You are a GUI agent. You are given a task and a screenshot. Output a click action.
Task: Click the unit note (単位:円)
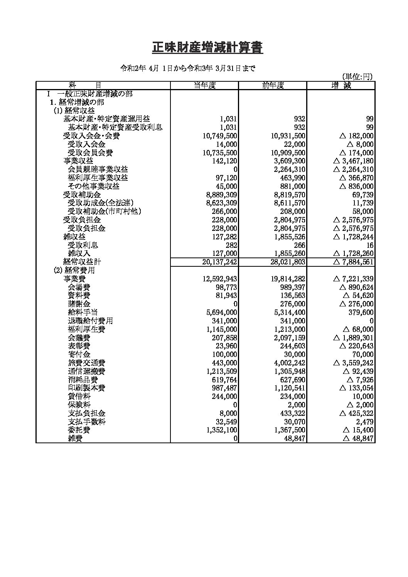357,77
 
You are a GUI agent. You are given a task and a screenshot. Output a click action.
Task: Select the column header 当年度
204,86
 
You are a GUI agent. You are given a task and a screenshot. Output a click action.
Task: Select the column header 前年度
273,86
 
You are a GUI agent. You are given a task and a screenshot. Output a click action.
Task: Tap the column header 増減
341,86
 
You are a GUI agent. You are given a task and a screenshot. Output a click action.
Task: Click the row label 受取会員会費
90,153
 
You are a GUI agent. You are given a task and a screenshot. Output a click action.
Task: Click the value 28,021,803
288,262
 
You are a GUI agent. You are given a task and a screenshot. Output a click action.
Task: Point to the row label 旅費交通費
86,363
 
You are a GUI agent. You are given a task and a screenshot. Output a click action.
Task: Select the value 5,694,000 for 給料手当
221,313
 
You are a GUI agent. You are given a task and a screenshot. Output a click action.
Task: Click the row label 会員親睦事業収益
98,170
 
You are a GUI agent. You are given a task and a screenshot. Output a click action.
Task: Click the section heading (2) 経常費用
74,271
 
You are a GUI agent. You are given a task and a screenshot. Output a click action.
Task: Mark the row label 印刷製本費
86,388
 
